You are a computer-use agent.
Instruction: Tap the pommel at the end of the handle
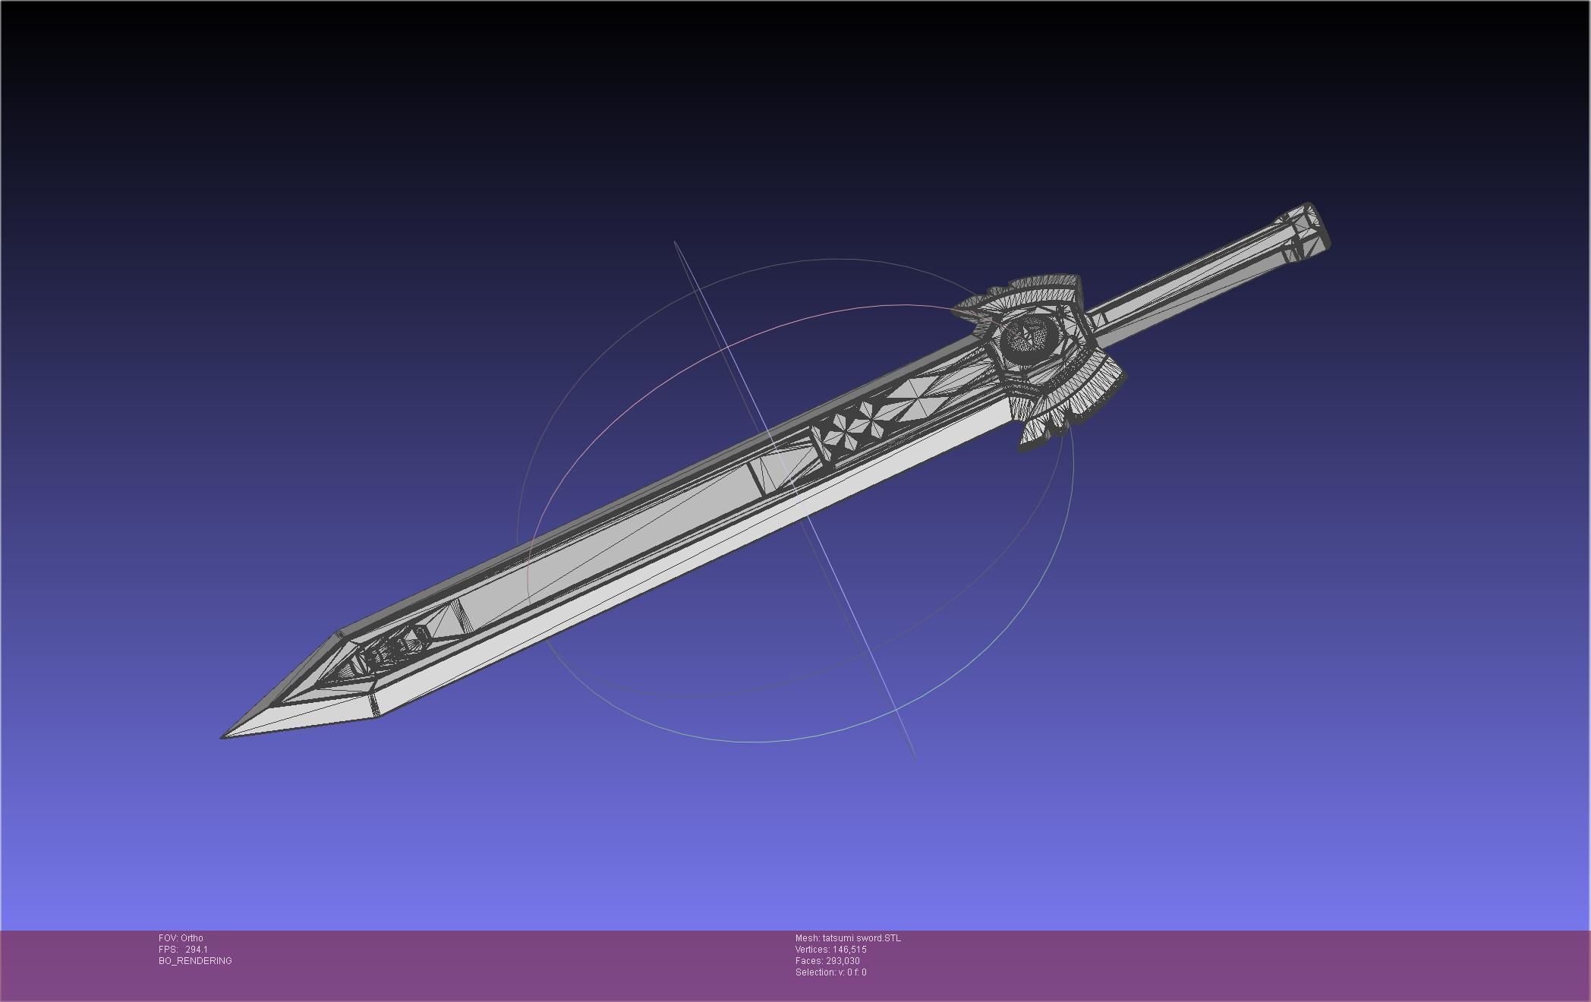coord(1308,232)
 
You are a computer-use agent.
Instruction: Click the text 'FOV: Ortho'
coord(181,938)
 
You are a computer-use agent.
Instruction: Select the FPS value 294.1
coord(197,950)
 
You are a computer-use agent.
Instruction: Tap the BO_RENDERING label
coord(195,961)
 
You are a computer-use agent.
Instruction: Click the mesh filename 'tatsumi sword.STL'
coord(862,938)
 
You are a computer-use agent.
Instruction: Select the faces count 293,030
coord(843,961)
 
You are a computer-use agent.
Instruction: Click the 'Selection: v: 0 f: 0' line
coord(830,972)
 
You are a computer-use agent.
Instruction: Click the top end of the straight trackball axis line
coord(675,242)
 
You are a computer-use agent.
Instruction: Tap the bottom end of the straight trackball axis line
coord(915,758)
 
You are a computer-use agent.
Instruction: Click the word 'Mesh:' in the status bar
coord(807,938)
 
